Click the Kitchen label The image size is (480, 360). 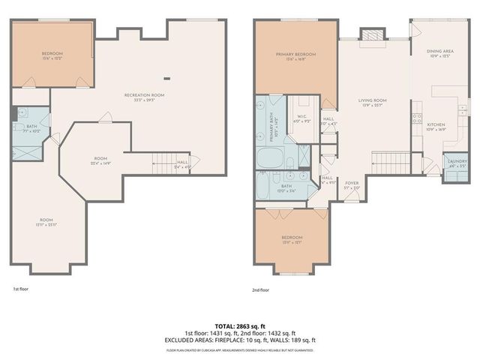(436, 127)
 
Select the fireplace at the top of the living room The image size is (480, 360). (370, 35)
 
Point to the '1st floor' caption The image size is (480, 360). (20, 289)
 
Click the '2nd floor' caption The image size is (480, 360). (262, 289)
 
